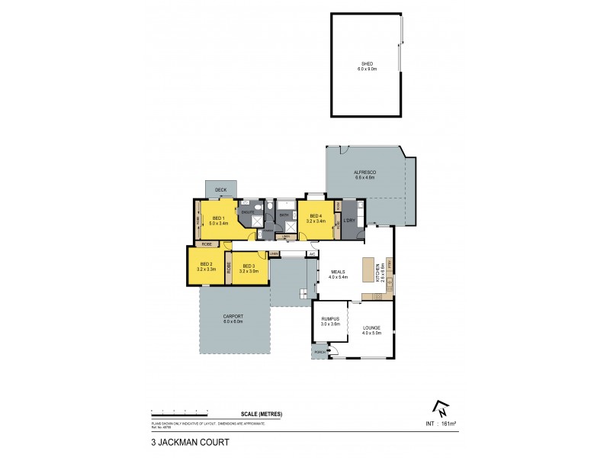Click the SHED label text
[x=368, y=64]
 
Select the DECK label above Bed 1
[x=220, y=189]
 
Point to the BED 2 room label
[x=206, y=267]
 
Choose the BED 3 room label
[x=251, y=267]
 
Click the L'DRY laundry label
[x=349, y=221]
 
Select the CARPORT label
[x=233, y=319]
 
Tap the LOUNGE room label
[x=371, y=329]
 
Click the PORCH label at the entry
[x=317, y=353]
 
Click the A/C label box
[x=312, y=254]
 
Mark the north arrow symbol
[x=438, y=408]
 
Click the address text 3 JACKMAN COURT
[x=185, y=441]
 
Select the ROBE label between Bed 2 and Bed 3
[x=228, y=269]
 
